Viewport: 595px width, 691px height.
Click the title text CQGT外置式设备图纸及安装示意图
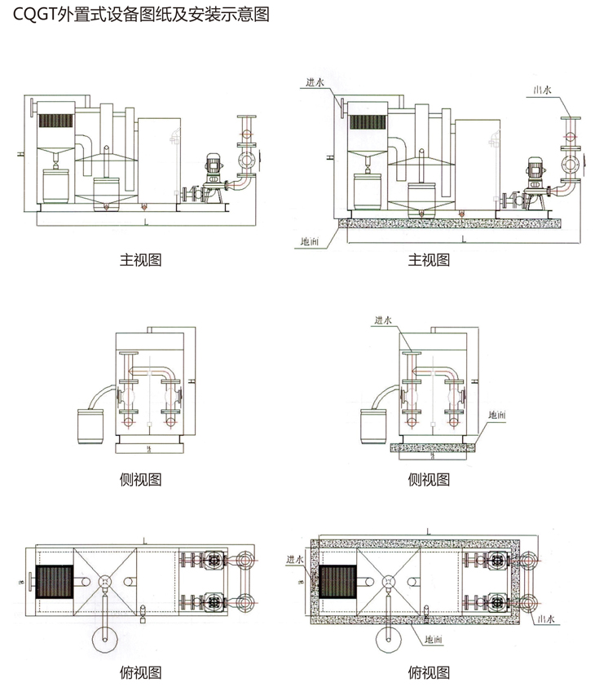point(141,15)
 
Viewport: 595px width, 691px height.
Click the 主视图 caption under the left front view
point(141,260)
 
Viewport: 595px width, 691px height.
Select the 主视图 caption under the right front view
point(429,260)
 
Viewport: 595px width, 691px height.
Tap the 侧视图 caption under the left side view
point(141,479)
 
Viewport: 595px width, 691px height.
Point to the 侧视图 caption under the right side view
point(429,479)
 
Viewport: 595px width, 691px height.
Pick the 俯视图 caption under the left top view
point(141,672)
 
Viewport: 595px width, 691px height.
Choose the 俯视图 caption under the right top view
point(429,672)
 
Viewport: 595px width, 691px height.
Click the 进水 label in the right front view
point(315,81)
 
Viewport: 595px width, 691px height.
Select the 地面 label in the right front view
point(310,241)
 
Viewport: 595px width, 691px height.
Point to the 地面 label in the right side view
point(496,415)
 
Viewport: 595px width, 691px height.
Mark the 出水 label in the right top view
point(544,619)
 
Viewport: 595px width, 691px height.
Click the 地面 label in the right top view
point(431,641)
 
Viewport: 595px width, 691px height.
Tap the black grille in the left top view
point(55,583)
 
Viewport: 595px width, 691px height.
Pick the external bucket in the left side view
point(90,425)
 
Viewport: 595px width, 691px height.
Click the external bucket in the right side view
point(374,425)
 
